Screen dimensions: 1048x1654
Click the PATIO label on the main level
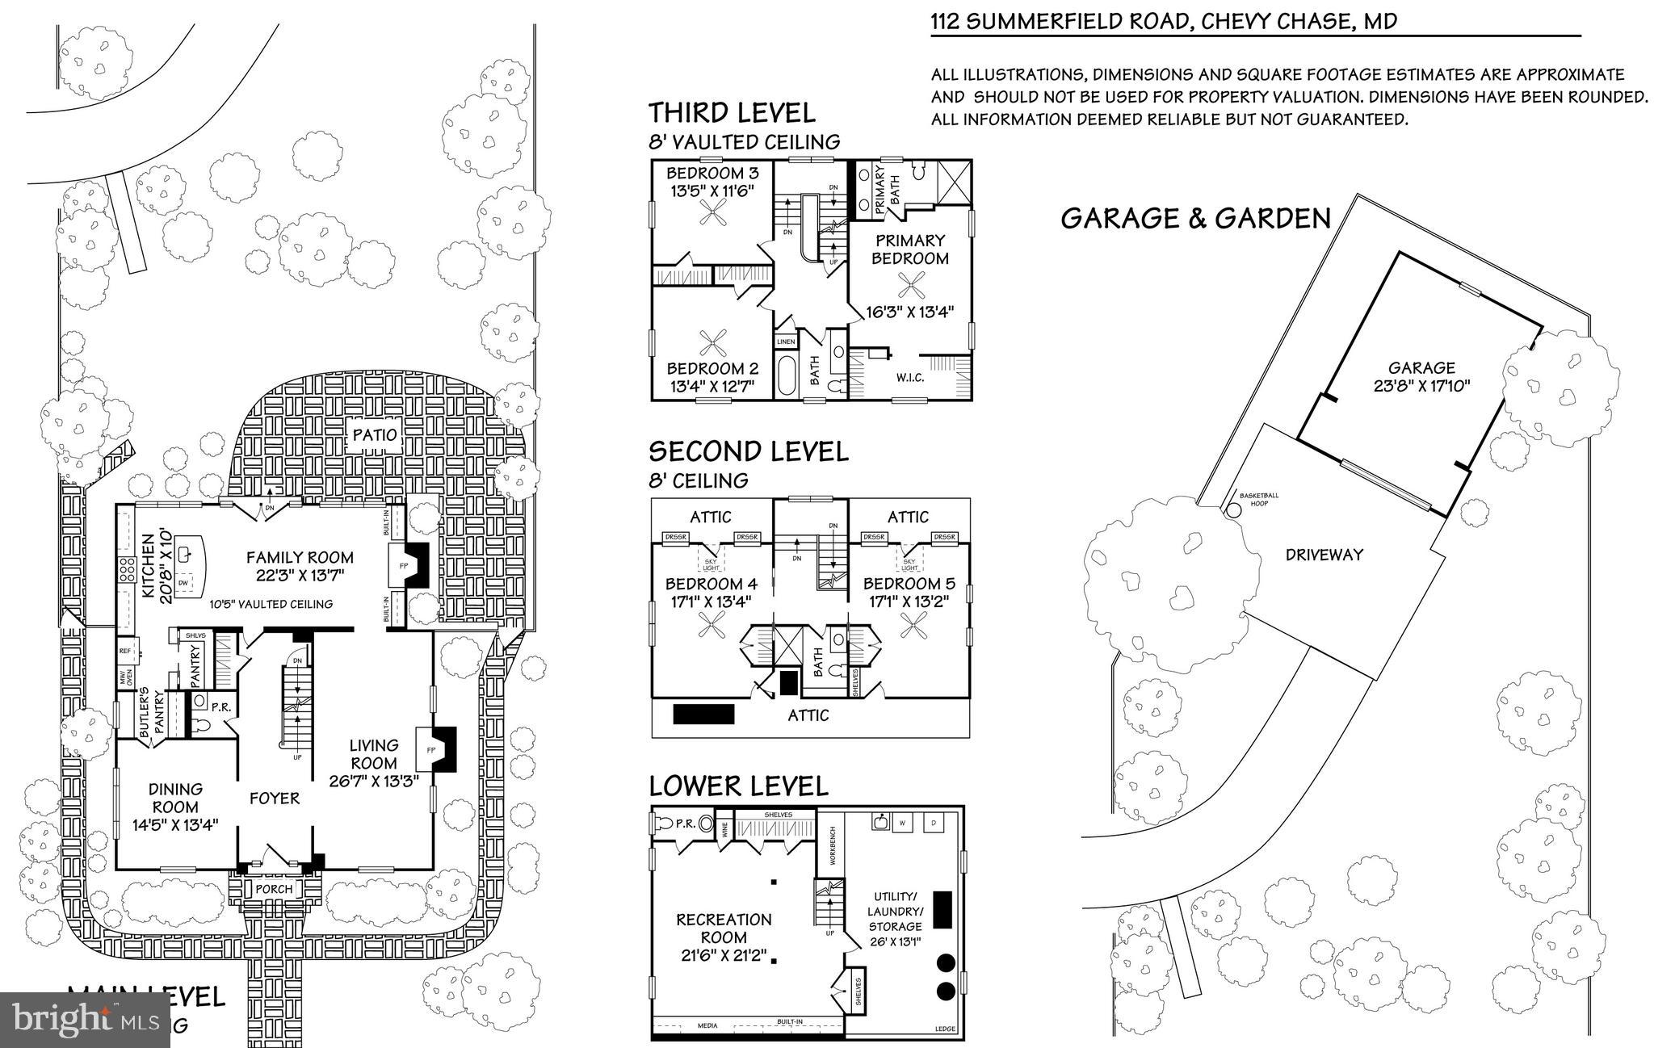tap(376, 435)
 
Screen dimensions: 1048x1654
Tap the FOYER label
tap(275, 799)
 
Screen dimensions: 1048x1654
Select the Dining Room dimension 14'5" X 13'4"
tap(175, 825)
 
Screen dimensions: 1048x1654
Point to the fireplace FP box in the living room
tap(430, 750)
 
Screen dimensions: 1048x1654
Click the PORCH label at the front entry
tap(274, 889)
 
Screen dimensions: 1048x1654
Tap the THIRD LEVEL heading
tap(732, 112)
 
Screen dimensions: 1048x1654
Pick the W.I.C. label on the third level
tap(909, 378)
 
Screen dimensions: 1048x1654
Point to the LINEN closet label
tap(786, 342)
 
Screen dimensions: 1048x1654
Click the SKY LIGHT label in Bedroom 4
tap(711, 564)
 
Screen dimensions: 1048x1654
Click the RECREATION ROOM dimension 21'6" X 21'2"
tap(724, 956)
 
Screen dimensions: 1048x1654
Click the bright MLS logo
tap(85, 1019)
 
